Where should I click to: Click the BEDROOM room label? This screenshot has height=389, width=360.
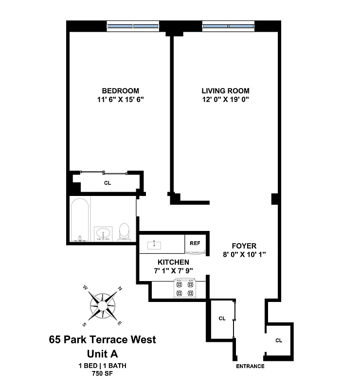120,91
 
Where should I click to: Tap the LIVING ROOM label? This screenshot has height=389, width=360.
225,91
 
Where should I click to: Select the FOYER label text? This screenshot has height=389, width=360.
244,246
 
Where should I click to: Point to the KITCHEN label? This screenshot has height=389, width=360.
173,262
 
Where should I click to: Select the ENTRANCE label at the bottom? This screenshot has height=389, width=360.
250,366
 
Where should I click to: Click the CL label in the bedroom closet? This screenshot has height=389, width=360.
107,183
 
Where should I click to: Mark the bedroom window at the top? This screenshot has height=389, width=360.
133,26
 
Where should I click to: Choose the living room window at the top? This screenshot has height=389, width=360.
228,26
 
